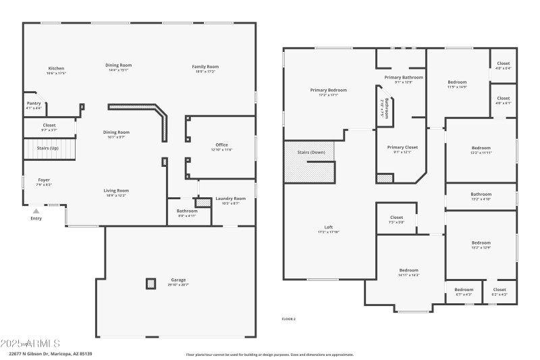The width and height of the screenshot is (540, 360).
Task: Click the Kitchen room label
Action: pyautogui.click(x=56, y=68)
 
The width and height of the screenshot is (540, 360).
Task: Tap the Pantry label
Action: pyautogui.click(x=34, y=103)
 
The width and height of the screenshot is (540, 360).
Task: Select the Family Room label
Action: pyautogui.click(x=205, y=66)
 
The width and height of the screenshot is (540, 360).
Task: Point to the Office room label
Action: pyautogui.click(x=221, y=145)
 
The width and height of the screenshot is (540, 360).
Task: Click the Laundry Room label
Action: pyautogui.click(x=230, y=199)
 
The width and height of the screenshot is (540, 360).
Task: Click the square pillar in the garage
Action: pyautogui.click(x=151, y=284)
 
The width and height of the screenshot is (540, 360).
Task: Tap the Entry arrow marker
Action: pyautogui.click(x=36, y=211)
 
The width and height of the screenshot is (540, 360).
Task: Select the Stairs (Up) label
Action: pyautogui.click(x=49, y=148)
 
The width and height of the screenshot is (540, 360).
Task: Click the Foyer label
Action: pyautogui.click(x=43, y=180)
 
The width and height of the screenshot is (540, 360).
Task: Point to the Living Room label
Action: pyautogui.click(x=116, y=190)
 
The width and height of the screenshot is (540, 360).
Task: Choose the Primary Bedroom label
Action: pyautogui.click(x=329, y=90)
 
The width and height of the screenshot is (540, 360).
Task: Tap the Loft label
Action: pyautogui.click(x=329, y=227)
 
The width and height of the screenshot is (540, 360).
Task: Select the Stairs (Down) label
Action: pyautogui.click(x=311, y=152)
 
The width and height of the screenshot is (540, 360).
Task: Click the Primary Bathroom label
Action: pyautogui.click(x=404, y=77)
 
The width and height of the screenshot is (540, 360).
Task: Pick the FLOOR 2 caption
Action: pyautogui.click(x=289, y=319)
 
